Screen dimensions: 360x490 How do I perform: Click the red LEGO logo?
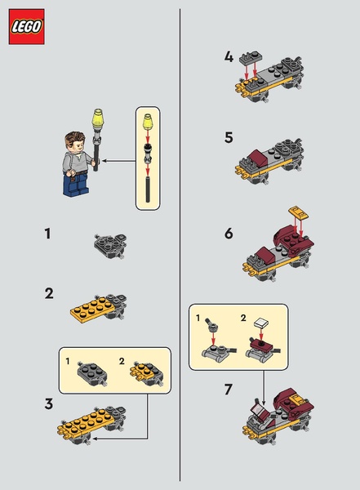coord(27,27)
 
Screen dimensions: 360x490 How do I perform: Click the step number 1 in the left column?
coord(47,234)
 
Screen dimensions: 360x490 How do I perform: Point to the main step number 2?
coord(49,294)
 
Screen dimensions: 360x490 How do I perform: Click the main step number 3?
coord(49,403)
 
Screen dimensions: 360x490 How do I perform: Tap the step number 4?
coord(229,57)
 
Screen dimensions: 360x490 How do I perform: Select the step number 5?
coord(229,137)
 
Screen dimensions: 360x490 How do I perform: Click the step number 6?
coord(229,234)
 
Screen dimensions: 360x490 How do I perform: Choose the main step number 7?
coord(229,390)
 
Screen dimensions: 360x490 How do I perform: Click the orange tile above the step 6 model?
coord(299,212)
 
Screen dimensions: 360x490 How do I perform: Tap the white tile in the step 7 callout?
coord(262,323)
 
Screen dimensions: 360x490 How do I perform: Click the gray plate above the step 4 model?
coord(251,56)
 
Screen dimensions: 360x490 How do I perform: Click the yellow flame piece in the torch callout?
coord(148,122)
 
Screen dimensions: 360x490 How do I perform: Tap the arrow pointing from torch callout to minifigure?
coord(118,161)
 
